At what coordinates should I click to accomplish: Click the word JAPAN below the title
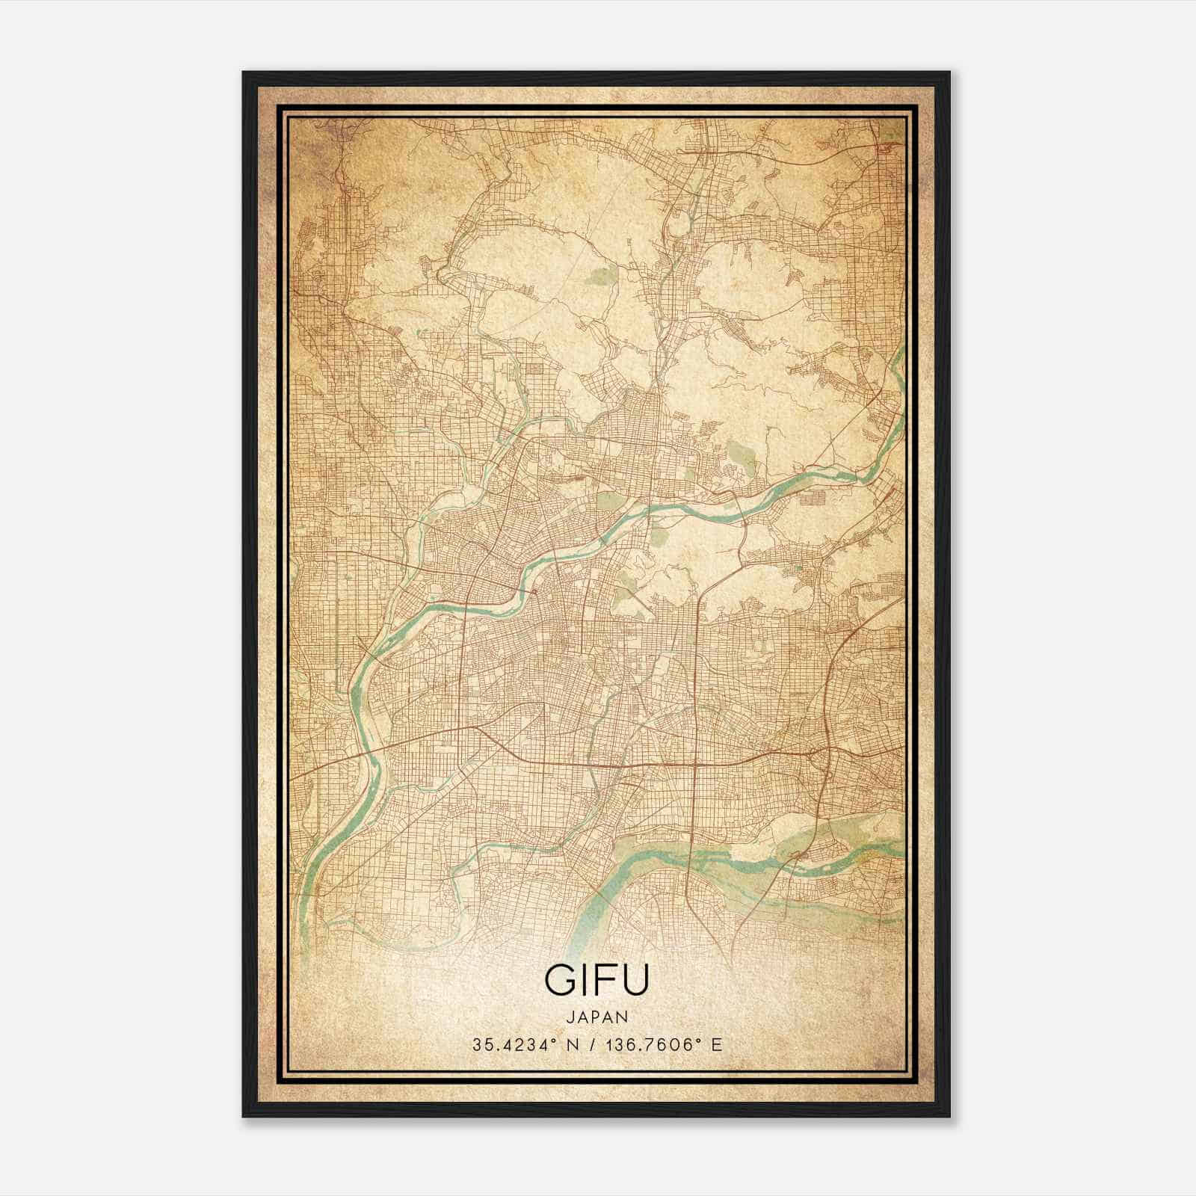click(x=597, y=1017)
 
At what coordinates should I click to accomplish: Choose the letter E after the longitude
click(x=717, y=1045)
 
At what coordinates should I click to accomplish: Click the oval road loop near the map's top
click(x=680, y=222)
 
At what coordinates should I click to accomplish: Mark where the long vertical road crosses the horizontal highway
click(x=696, y=765)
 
